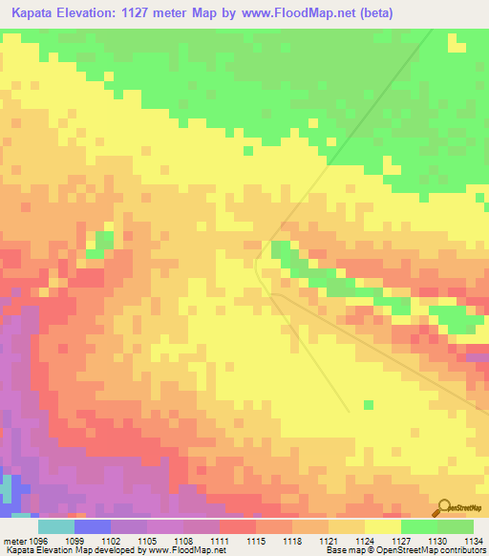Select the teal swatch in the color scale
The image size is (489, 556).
[x=56, y=526]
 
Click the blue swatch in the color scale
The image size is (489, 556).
[x=93, y=526]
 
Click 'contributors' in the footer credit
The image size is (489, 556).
[x=463, y=550]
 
